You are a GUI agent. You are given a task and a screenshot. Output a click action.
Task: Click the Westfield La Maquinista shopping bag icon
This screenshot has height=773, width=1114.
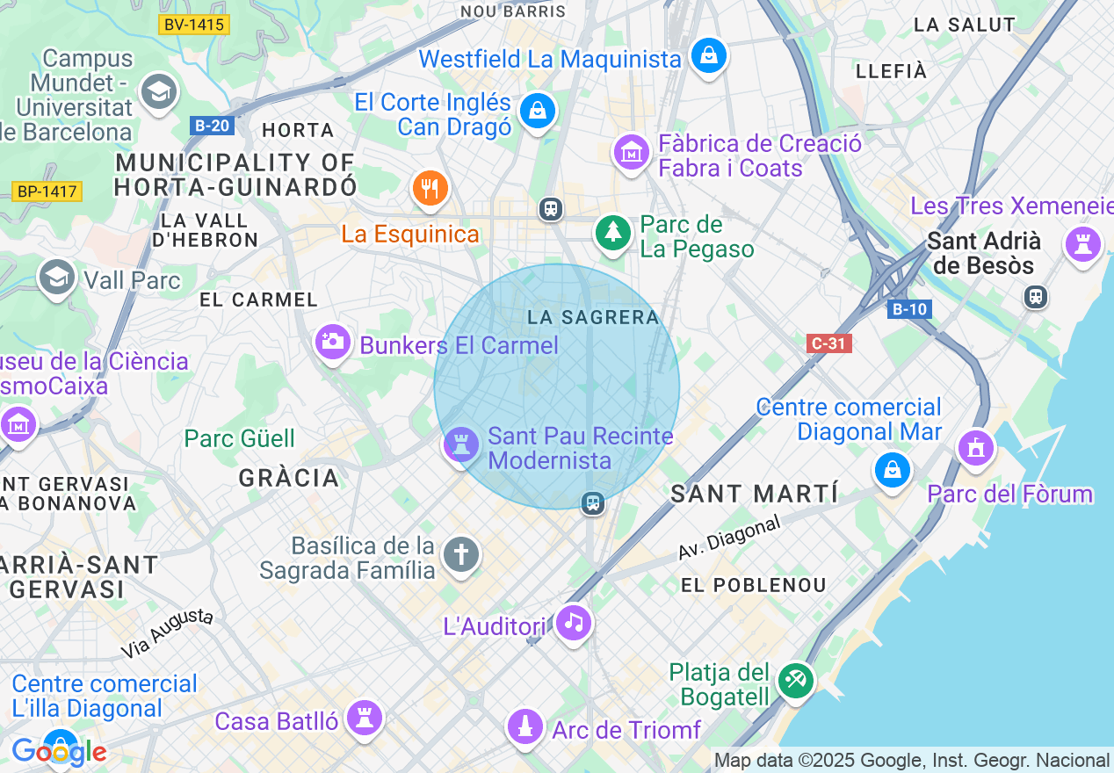[x=708, y=56]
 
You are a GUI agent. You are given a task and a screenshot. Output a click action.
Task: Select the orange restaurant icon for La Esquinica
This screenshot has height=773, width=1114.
[x=430, y=188]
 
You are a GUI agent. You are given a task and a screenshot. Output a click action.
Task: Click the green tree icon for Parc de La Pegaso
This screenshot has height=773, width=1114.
[x=612, y=233]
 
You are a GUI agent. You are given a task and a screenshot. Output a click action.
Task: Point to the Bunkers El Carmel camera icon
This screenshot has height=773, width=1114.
[x=333, y=341]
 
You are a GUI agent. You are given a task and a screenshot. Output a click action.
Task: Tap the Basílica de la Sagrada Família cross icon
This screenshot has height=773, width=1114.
[x=461, y=555]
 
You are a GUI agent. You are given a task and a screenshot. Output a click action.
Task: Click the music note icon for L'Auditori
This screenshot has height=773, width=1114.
[x=574, y=623]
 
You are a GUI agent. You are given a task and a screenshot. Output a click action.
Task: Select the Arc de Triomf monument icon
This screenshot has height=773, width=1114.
[x=525, y=726]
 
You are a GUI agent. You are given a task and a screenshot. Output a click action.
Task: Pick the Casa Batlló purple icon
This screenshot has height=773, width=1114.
[x=364, y=718]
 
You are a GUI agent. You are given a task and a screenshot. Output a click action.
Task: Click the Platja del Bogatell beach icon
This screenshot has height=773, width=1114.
[x=797, y=680]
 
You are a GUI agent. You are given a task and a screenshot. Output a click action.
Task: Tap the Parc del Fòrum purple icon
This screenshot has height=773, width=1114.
[x=975, y=448]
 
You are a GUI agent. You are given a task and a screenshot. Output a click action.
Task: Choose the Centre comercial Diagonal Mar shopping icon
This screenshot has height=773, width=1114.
[x=893, y=470]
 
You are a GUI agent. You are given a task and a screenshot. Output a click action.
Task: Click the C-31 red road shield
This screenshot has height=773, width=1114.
[x=828, y=343]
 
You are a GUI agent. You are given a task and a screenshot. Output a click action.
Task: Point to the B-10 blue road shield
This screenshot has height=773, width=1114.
[x=909, y=309]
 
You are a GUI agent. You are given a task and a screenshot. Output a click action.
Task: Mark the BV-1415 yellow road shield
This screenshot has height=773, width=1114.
[x=194, y=25]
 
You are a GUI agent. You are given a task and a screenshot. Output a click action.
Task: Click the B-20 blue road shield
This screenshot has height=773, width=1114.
[x=211, y=126]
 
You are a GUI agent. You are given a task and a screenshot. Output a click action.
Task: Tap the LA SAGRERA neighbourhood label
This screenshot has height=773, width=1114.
[x=593, y=317]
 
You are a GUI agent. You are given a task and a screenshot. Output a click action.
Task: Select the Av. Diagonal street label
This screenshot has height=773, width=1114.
[x=728, y=538]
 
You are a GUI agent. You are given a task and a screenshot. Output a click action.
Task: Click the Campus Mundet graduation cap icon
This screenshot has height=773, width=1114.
[x=159, y=92]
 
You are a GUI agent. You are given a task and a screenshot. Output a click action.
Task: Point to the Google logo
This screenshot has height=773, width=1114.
[x=59, y=752]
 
